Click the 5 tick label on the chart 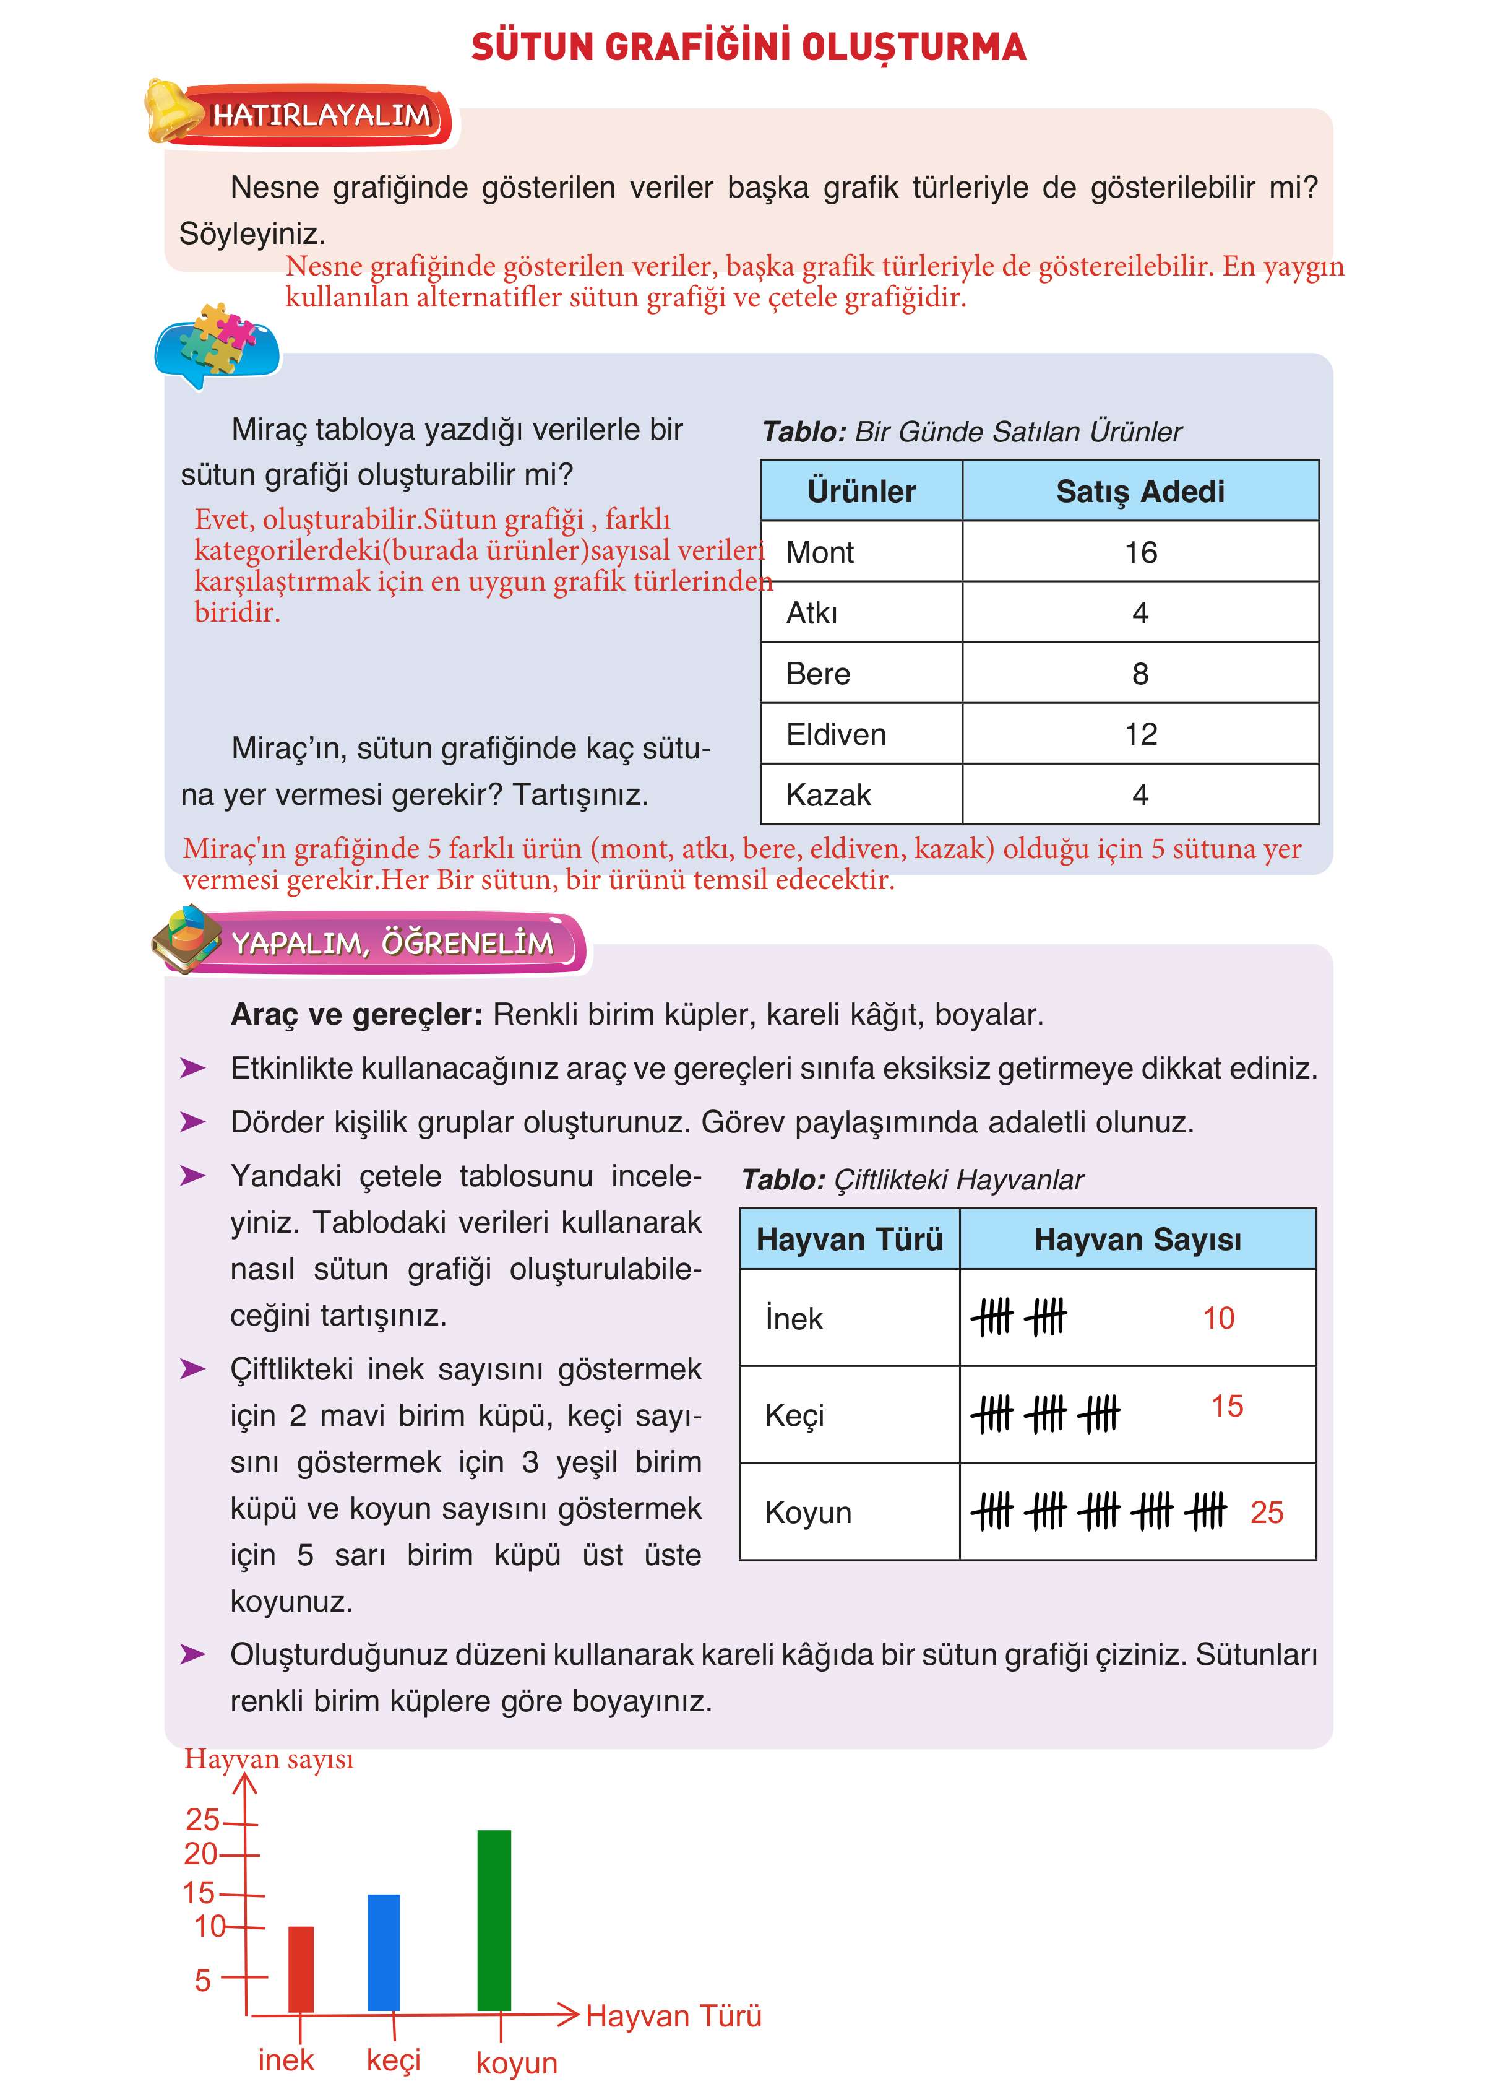coord(203,1980)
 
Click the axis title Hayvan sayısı coord(268,1759)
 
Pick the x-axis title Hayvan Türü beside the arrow coord(673,2016)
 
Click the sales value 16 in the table coord(1140,552)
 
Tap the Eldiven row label coord(836,734)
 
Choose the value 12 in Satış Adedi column coord(1140,734)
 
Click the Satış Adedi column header coord(1140,492)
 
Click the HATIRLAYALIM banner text coord(322,116)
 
